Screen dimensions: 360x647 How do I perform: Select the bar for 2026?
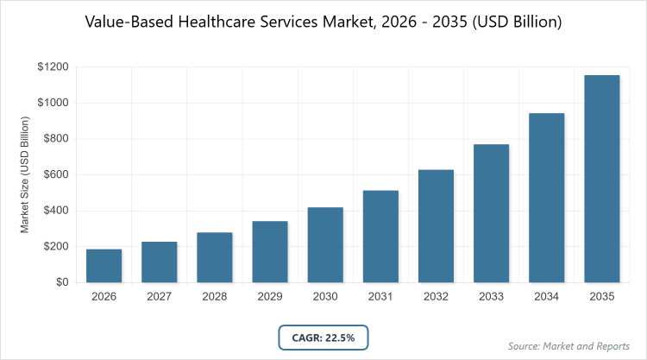(x=104, y=266)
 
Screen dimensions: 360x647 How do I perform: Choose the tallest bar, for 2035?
(x=601, y=179)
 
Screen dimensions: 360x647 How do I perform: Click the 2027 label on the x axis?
(x=159, y=297)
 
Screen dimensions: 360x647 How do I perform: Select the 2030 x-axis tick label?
(x=325, y=297)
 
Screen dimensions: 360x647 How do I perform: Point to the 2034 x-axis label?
(x=546, y=297)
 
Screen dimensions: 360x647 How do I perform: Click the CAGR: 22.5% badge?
(x=323, y=337)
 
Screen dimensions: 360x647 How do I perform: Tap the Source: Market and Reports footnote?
(x=569, y=346)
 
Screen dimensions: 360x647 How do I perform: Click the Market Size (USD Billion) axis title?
(x=26, y=174)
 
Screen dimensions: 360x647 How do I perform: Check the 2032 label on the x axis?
(x=436, y=297)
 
